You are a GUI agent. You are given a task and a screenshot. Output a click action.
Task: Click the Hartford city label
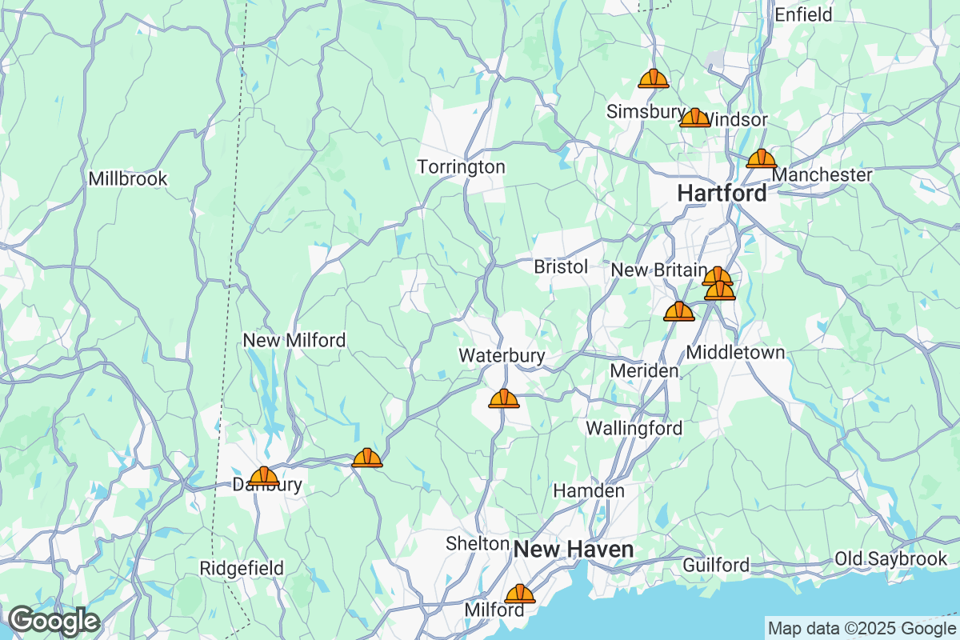722,193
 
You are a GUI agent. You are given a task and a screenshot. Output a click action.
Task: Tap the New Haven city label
574,550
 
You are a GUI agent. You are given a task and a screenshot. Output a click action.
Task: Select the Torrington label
462,167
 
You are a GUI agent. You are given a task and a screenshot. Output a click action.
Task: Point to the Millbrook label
128,178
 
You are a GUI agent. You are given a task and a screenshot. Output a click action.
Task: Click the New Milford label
294,341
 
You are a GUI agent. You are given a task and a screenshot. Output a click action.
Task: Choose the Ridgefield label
241,568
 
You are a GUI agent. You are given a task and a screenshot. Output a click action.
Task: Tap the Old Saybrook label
890,558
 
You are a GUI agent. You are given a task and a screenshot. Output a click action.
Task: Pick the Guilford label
716,566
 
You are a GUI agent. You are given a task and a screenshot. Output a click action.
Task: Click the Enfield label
803,14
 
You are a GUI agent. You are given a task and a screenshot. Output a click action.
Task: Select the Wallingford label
634,428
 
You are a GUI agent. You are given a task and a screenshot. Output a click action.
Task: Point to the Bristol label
561,267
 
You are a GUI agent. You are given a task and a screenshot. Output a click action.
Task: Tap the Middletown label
736,352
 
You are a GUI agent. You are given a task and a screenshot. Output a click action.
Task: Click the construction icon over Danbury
264,476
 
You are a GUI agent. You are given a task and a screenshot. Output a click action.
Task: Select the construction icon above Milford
520,594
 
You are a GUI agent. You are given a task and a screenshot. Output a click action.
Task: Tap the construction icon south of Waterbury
504,398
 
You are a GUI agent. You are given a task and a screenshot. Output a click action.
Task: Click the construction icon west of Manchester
761,158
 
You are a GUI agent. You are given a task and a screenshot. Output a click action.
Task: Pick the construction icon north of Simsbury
654,78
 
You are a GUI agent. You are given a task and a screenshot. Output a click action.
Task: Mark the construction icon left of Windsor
694,118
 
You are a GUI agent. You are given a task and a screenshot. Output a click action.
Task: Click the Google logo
54,621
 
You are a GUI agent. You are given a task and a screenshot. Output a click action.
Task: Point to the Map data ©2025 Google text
862,627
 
